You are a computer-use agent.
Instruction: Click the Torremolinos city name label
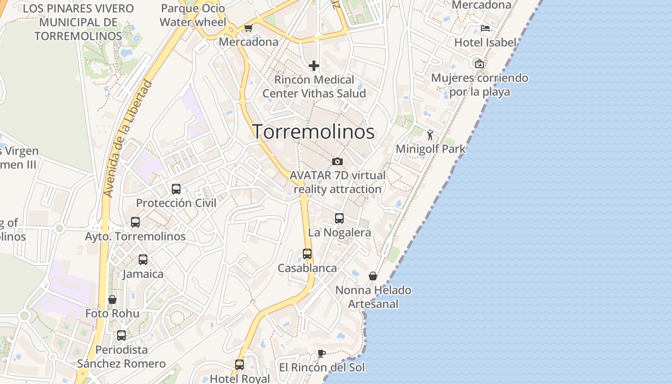313,132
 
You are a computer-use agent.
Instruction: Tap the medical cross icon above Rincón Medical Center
314,65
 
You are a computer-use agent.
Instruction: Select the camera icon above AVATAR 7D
337,161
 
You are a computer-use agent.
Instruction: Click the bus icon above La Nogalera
339,218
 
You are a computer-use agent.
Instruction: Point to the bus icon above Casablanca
307,254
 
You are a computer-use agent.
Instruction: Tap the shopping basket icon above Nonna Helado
373,276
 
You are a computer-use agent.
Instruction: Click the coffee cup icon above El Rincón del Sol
322,354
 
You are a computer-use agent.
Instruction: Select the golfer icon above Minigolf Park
430,135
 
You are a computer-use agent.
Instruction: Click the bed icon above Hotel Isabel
485,28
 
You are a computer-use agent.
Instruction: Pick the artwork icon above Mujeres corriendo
479,63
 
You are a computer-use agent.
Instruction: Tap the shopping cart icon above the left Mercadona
248,28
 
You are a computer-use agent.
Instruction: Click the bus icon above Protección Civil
176,189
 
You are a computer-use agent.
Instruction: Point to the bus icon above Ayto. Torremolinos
135,222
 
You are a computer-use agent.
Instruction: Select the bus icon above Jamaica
143,260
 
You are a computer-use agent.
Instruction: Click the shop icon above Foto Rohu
112,300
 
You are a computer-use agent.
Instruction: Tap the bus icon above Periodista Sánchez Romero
121,336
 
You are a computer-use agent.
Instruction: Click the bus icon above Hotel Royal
240,365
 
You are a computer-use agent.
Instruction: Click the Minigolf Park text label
431,149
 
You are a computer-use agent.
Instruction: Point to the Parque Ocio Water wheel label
193,15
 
